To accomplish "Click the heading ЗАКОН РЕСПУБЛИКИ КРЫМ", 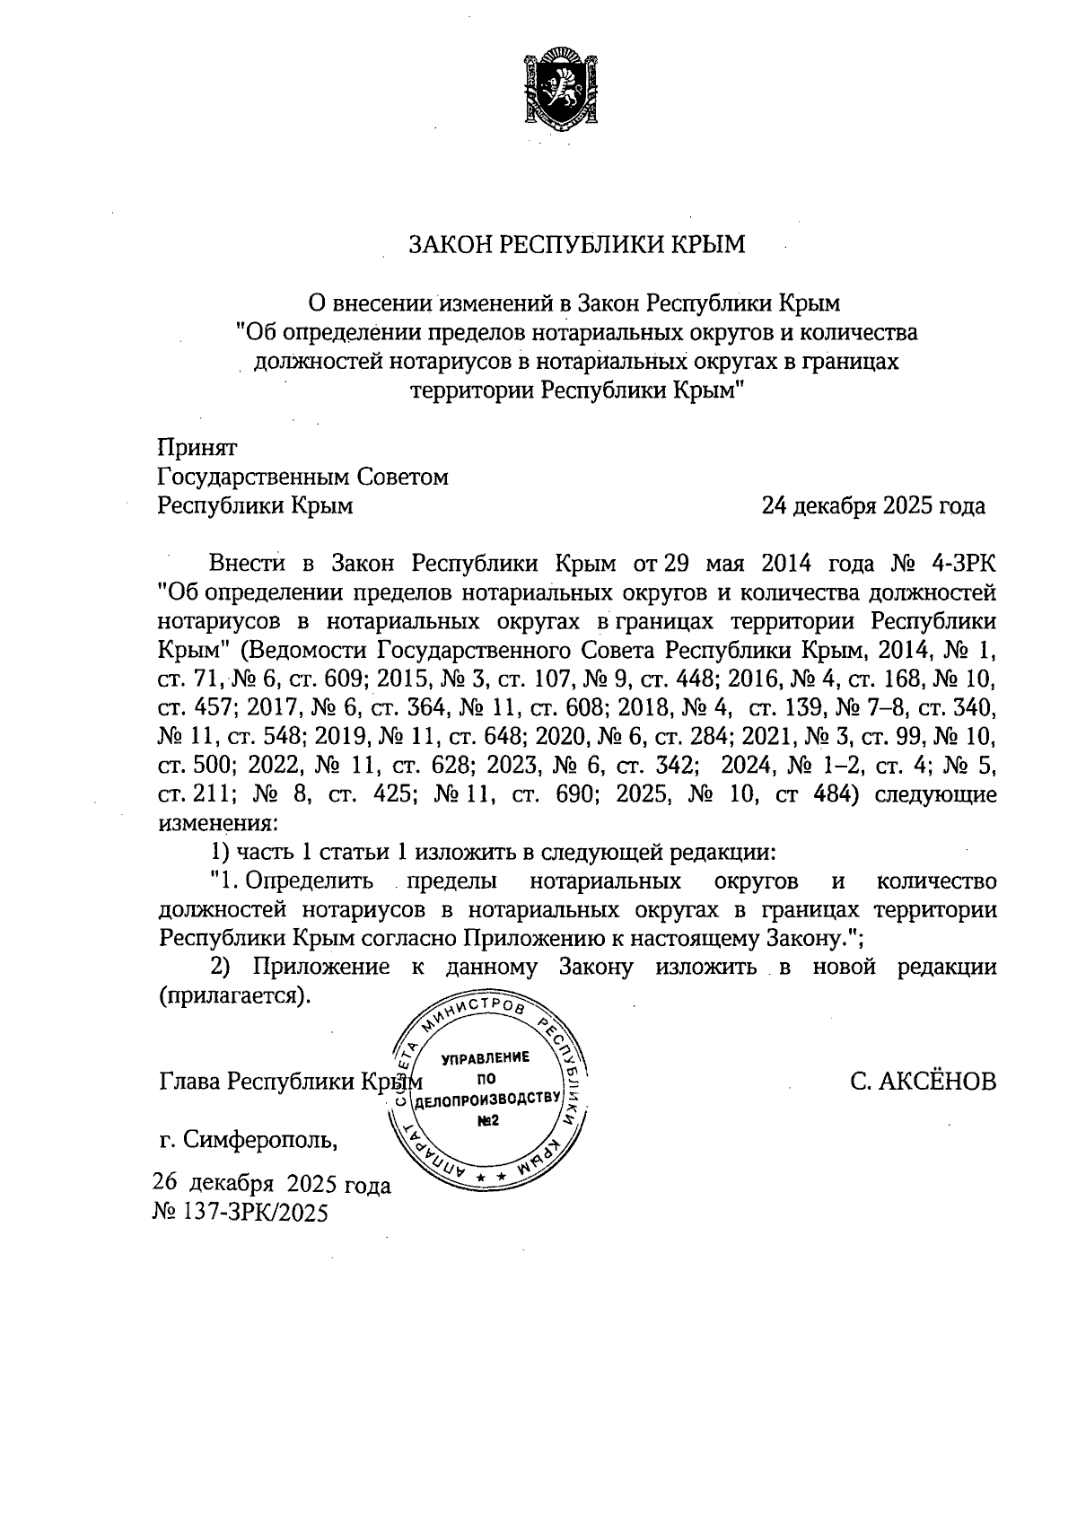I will tap(577, 244).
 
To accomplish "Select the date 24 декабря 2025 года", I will tap(872, 507).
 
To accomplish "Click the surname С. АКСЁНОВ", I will tap(924, 1082).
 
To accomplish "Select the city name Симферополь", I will tap(260, 1141).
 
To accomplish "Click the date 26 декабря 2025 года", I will tap(272, 1185).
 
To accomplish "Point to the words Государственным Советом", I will tap(302, 478).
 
